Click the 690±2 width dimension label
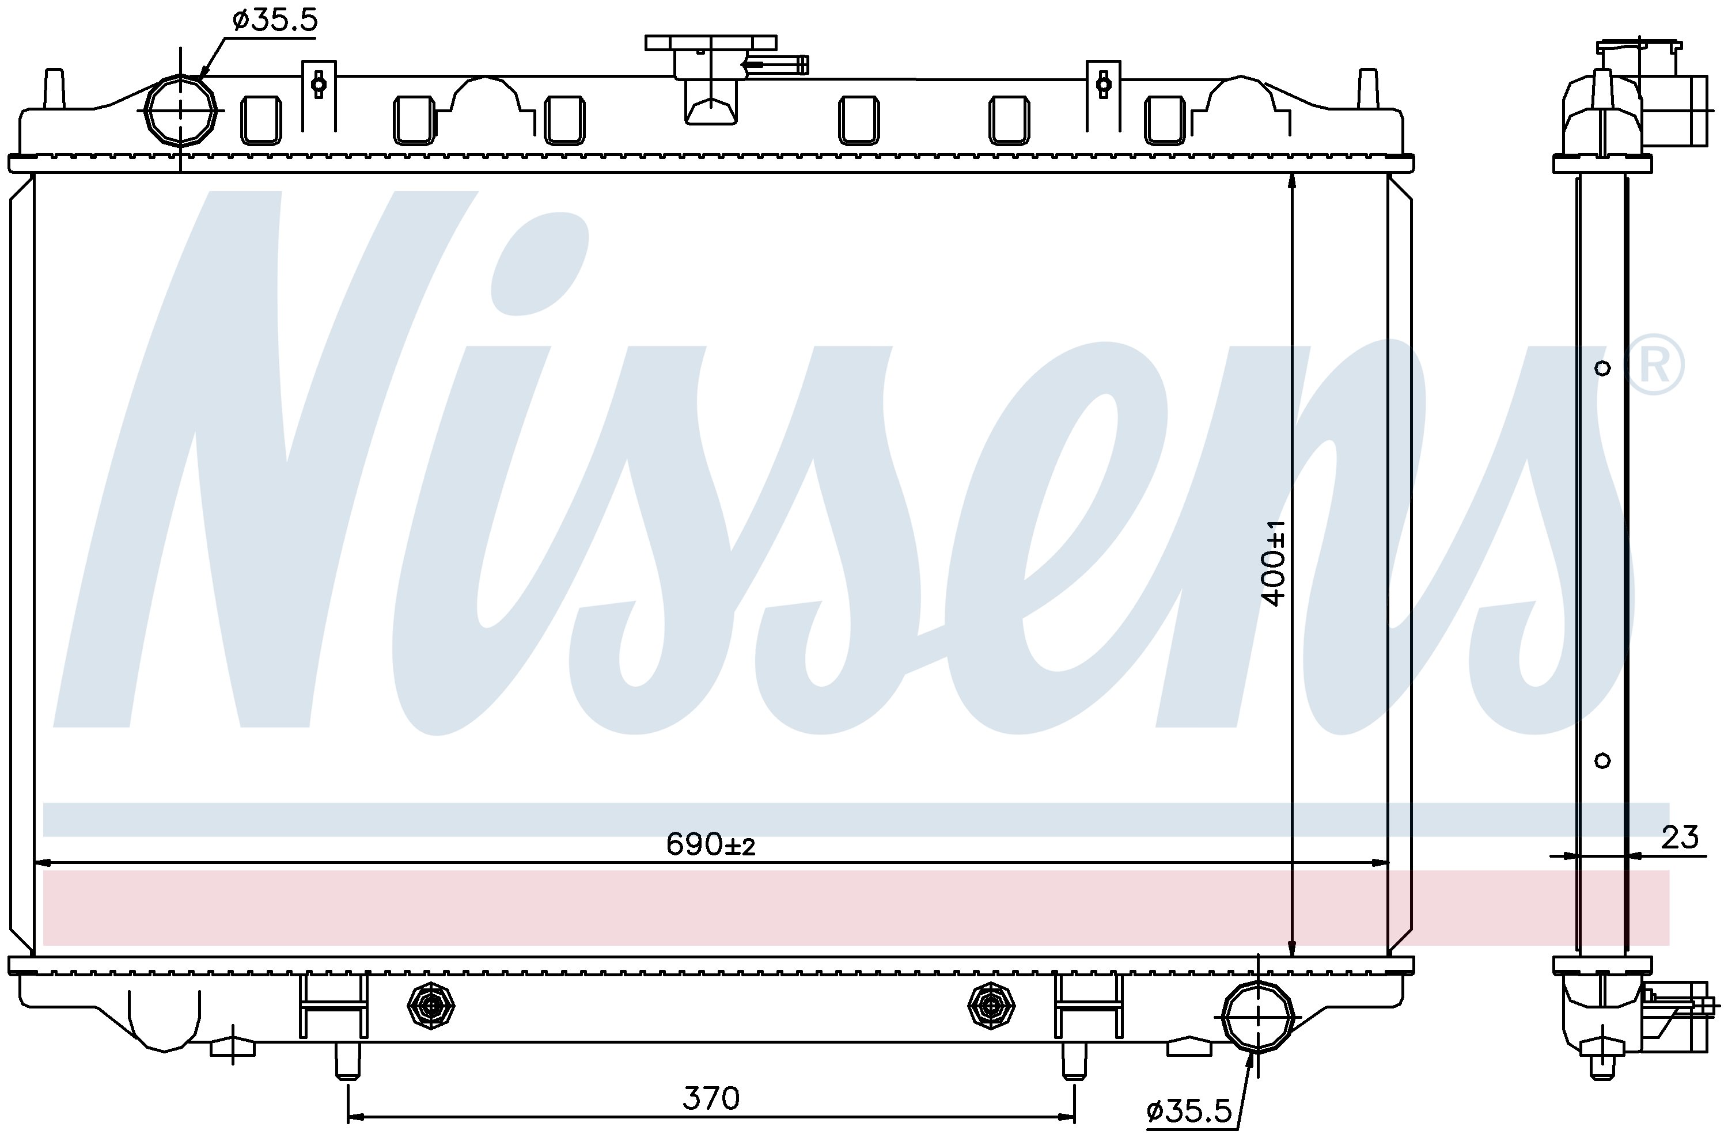click(711, 844)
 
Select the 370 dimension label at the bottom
click(711, 1099)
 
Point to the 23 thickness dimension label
click(1680, 838)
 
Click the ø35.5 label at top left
click(275, 20)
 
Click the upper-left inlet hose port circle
click(181, 111)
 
